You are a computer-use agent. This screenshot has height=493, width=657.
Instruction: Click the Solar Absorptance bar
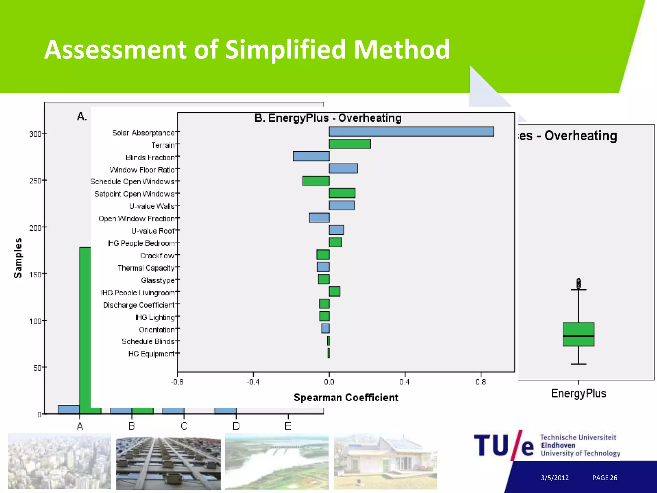click(411, 132)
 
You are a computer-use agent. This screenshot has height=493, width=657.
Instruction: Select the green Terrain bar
click(350, 144)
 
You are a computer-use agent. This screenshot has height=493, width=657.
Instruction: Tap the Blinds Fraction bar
click(311, 156)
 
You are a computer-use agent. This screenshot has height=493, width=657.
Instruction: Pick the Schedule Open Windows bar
click(316, 181)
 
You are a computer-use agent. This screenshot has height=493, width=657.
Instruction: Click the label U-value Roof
click(153, 231)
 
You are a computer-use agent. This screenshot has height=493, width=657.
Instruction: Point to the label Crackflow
click(157, 256)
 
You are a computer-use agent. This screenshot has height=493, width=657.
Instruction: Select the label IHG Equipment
click(150, 354)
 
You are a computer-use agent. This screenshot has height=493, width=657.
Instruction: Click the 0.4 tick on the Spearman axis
click(405, 382)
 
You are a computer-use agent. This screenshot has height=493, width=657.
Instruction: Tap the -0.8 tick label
click(177, 382)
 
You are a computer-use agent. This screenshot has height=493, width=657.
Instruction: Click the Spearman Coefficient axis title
click(346, 398)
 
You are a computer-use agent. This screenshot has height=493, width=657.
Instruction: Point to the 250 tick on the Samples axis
click(36, 181)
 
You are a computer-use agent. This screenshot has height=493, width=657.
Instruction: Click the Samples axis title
click(18, 258)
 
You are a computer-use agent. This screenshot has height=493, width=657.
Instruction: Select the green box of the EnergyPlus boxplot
click(578, 334)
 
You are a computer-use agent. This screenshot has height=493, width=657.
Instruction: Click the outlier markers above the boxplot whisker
click(578, 283)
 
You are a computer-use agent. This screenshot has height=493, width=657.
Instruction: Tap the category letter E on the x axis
click(288, 426)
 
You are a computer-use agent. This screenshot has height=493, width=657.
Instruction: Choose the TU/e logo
click(504, 445)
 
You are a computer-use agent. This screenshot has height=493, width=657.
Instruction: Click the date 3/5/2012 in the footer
click(555, 478)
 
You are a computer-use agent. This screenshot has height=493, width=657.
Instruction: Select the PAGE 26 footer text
click(604, 478)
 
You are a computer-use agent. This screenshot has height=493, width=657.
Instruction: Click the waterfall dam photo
click(277, 461)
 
